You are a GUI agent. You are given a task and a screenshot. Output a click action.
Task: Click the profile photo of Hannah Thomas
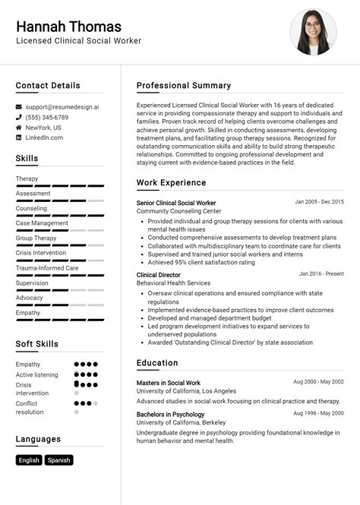(313, 32)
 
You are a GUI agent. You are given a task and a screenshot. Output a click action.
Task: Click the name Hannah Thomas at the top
(68, 27)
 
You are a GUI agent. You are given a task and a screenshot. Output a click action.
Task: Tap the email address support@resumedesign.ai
(62, 107)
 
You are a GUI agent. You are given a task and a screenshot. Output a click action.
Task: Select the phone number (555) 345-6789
(47, 118)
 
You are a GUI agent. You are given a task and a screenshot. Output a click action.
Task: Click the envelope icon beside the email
(19, 107)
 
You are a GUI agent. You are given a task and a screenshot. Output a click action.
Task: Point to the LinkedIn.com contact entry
(44, 137)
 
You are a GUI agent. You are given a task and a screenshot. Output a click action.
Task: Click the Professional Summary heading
(184, 86)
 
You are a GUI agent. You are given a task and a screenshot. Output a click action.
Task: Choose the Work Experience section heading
(171, 183)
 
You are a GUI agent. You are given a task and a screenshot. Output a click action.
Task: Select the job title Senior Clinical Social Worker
(176, 203)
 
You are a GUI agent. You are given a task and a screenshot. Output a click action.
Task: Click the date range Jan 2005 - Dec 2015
(319, 202)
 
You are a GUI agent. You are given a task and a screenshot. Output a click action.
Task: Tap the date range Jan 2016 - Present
(321, 273)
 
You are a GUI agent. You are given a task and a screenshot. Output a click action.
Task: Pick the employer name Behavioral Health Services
(173, 283)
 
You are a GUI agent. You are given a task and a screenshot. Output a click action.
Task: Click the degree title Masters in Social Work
(169, 383)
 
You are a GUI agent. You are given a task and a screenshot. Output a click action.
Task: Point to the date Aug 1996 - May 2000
(319, 414)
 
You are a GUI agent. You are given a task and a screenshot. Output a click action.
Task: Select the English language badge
(29, 460)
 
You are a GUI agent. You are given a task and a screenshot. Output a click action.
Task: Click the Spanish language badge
(58, 460)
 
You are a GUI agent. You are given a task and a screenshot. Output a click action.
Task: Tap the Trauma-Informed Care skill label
(47, 268)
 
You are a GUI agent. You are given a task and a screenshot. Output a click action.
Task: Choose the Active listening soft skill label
(36, 374)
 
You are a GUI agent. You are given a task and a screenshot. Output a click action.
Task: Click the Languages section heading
(38, 439)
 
